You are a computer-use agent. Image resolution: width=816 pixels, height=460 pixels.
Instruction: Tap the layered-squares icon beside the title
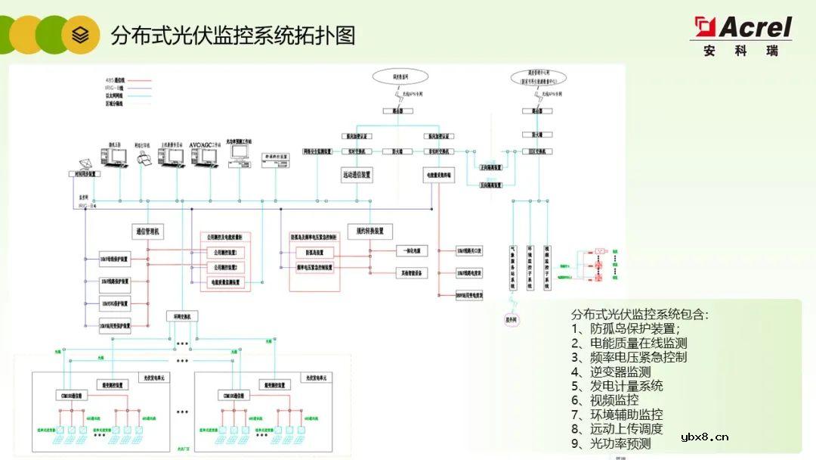(x=81, y=35)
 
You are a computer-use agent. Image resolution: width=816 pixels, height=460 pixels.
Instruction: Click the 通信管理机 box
(x=149, y=232)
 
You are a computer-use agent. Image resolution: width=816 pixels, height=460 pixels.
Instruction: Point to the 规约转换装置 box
(x=370, y=231)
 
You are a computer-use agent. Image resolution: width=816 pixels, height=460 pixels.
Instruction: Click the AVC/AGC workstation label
(x=206, y=143)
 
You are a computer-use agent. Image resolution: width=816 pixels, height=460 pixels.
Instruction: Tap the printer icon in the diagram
(x=146, y=157)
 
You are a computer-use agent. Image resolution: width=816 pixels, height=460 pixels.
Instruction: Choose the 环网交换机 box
(x=182, y=316)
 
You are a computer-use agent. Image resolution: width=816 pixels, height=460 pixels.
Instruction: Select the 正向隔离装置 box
(x=492, y=168)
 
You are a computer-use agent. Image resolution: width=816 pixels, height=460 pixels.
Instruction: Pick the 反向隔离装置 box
(x=492, y=185)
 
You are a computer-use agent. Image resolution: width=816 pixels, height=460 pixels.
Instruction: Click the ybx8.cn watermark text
(x=704, y=437)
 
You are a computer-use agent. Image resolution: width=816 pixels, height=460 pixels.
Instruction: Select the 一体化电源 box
(x=411, y=250)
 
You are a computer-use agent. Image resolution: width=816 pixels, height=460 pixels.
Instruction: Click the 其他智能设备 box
(x=412, y=272)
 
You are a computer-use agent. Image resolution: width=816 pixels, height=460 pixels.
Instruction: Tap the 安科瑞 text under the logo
(x=740, y=51)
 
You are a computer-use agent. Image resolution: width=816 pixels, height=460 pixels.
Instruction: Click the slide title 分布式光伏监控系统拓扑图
(x=233, y=36)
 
